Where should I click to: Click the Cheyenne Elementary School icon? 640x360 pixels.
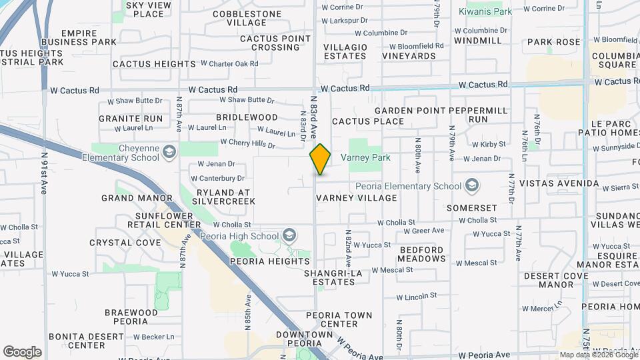point(169,152)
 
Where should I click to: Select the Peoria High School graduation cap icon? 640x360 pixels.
point(289,235)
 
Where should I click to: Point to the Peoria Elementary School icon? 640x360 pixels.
point(472,185)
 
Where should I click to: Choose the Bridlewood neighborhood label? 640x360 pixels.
point(237,117)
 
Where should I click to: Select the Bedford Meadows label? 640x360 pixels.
point(421,254)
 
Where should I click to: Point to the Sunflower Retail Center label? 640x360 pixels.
point(150,220)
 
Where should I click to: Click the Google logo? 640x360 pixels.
point(22,351)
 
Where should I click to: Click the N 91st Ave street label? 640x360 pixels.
point(44,173)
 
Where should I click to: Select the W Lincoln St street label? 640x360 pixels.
point(416,295)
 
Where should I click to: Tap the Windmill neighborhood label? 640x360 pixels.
point(477,41)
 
